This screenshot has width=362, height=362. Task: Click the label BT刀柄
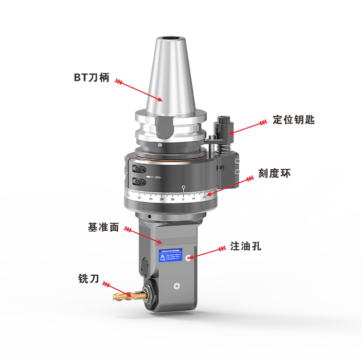click(x=92, y=77)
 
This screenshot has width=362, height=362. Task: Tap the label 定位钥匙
click(x=294, y=120)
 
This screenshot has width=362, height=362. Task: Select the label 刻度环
click(x=274, y=174)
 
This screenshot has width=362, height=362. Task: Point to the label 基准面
click(x=103, y=227)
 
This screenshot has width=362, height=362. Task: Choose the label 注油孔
click(x=246, y=247)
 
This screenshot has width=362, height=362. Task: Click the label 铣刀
click(x=89, y=279)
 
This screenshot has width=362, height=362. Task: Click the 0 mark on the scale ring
click(x=184, y=199)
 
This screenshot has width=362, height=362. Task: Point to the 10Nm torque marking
click(x=157, y=176)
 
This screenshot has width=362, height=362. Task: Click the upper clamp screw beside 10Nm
click(x=138, y=169)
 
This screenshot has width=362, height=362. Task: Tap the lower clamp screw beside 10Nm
click(x=138, y=182)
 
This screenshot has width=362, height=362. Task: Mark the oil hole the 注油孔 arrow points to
click(x=188, y=257)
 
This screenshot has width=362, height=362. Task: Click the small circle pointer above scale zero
click(x=183, y=187)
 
